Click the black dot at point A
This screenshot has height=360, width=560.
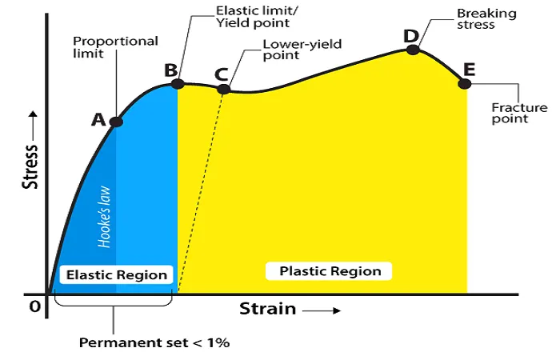pos(116,122)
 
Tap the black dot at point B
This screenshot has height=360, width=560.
pos(178,84)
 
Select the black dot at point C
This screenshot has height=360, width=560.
pos(223,89)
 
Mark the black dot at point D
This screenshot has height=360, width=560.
pos(413,50)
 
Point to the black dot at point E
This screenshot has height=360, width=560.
pos(464,84)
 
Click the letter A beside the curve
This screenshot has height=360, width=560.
pos(98,120)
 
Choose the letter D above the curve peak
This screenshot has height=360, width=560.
pos(410,36)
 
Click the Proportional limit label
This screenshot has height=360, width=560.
pos(115,47)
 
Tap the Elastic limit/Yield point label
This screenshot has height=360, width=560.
pos(257,17)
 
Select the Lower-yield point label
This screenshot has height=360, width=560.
pos(302,50)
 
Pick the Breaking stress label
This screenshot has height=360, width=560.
pos(486,19)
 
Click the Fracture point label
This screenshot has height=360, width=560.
pos(519,113)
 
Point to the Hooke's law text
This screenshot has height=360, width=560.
pos(104,217)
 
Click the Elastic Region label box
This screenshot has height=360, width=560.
pos(117,274)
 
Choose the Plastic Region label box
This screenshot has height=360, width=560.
pos(329,271)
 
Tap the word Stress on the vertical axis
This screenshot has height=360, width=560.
pos(30,166)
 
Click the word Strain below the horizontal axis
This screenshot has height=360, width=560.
pos(267,309)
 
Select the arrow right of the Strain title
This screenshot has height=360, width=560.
pos(322,310)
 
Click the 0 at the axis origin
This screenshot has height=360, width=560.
pos(34,306)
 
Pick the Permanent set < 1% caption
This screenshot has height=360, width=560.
pos(154,342)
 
